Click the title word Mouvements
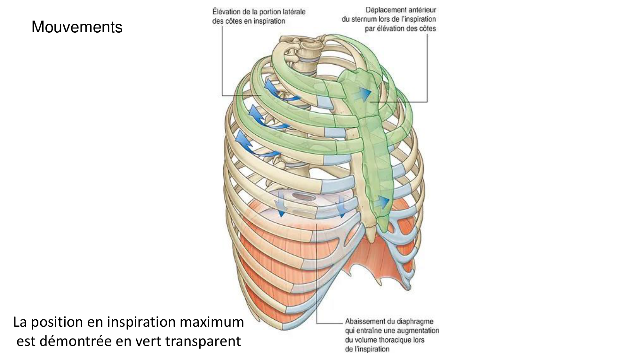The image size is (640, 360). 77,27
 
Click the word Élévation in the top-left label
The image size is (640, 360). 226,12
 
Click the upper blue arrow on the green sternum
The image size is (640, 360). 364,93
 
